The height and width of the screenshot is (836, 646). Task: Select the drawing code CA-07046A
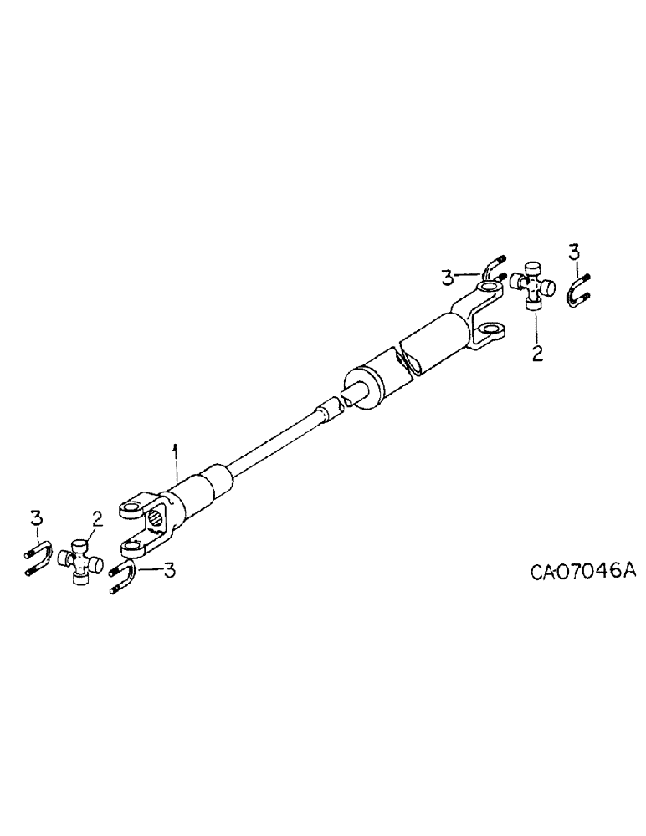coord(583,548)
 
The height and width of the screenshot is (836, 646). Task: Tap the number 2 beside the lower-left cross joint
coord(97,520)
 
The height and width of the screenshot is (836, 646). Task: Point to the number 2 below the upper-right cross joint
coord(537,353)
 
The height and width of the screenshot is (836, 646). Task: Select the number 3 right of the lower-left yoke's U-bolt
coord(169,571)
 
